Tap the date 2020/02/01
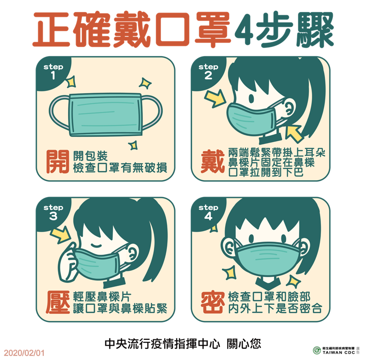pos(23,350)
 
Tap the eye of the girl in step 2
pos(251,98)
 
